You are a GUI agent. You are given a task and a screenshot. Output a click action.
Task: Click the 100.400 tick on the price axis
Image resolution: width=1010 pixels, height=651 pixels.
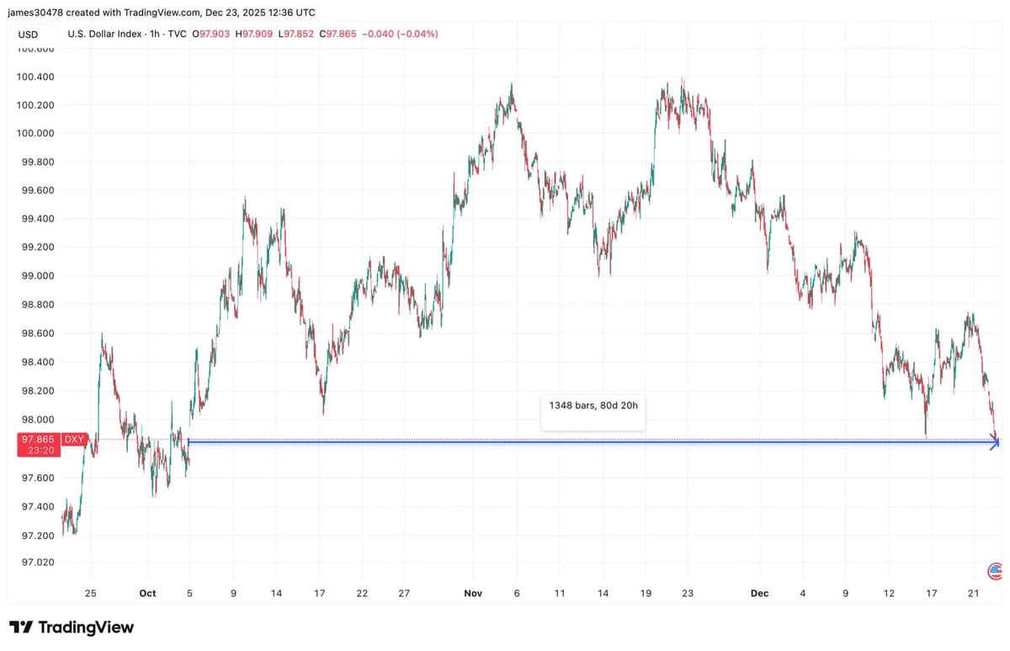35,77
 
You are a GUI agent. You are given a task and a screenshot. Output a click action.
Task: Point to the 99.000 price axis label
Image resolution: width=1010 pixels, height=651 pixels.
35,275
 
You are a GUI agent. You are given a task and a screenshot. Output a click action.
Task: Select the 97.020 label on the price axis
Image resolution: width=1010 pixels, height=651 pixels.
35,562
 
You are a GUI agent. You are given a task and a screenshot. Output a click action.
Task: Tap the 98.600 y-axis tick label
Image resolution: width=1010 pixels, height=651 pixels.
35,334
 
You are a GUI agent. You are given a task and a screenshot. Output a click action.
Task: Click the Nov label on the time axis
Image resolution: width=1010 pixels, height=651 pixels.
473,594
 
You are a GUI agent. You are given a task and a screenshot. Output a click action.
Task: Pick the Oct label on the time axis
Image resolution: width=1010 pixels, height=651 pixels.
147,594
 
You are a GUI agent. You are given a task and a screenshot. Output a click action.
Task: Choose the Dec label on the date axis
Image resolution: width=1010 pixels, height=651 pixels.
759,594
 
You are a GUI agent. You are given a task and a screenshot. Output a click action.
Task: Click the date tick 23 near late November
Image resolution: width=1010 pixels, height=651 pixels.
688,594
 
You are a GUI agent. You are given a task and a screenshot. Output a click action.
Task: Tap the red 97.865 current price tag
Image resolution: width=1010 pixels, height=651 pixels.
37,440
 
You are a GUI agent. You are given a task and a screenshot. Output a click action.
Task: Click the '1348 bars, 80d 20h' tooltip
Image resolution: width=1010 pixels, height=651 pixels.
593,405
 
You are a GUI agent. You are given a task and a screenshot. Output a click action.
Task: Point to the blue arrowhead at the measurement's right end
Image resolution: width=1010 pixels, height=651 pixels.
995,442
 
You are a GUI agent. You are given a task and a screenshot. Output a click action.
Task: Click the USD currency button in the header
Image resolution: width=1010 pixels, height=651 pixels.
28,35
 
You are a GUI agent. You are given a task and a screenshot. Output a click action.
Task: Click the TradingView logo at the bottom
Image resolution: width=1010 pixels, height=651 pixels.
72,627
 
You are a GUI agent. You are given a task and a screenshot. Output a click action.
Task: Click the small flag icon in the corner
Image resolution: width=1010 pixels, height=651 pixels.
995,572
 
